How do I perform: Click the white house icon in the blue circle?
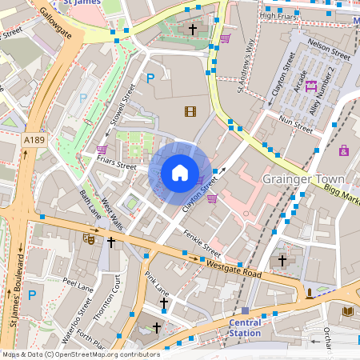[x=180, y=172]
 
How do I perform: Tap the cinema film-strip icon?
[x=190, y=112]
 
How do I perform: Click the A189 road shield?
[x=34, y=140]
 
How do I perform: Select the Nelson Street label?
[x=329, y=57]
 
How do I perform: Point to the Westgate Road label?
[x=233, y=268]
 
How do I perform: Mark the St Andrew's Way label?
[x=249, y=65]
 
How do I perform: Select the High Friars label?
[x=278, y=15]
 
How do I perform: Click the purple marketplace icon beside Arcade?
[x=310, y=86]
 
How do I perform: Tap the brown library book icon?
[x=346, y=311]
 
